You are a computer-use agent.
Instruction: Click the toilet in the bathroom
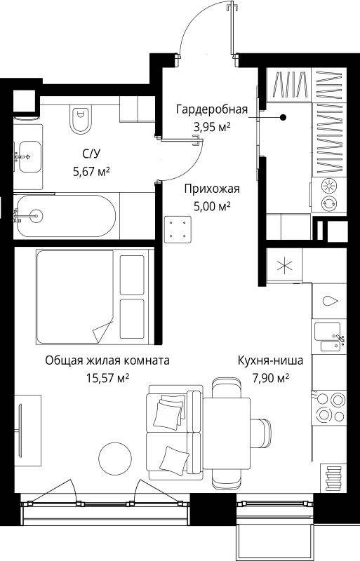81,120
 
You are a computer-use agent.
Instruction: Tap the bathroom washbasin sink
29,156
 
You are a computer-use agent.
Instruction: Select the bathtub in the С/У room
66,215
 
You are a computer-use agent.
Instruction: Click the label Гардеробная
212,109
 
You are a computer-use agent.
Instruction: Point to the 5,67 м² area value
91,172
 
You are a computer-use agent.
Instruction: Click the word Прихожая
212,189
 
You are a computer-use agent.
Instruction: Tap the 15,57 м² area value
108,377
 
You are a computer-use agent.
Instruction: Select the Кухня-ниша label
270,360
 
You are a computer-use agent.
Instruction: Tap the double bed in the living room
94,297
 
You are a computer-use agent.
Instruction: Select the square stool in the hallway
178,229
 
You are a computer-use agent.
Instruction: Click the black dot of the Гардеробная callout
283,117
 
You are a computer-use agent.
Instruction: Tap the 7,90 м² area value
271,377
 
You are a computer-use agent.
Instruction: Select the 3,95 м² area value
212,127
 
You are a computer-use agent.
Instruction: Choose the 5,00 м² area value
212,206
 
